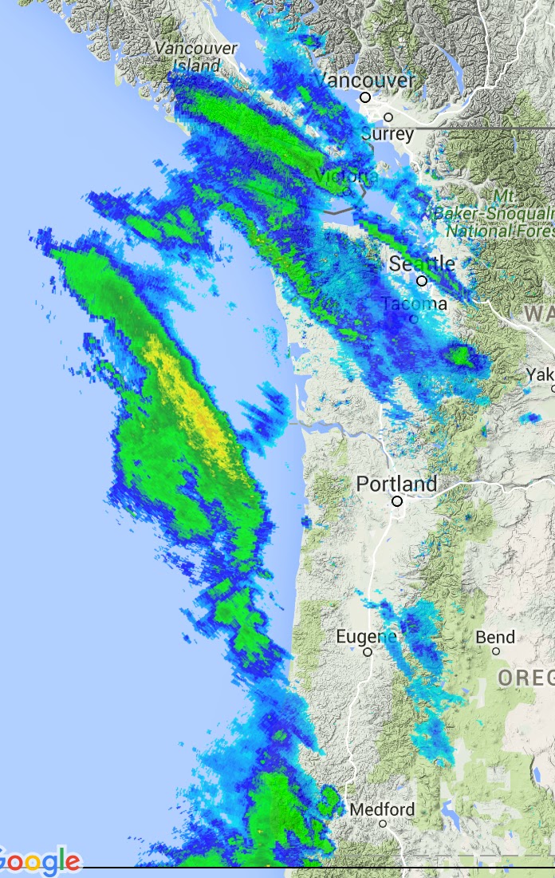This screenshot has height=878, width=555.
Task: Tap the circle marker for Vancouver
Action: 365,97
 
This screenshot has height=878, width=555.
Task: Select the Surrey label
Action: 388,133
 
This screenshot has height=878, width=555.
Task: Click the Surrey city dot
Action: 388,117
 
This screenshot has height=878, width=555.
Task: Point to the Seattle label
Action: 422,263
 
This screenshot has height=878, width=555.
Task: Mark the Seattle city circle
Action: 422,281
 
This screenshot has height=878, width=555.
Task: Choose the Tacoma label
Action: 414,304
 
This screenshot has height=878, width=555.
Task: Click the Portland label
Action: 396,484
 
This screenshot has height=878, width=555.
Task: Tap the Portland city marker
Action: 397,501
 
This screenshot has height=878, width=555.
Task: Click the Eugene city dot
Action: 368,652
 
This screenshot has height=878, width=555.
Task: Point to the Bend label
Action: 495,637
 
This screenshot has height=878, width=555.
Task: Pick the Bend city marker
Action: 495,651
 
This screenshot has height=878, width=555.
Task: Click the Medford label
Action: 383,809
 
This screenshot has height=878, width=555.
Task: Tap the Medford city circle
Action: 383,823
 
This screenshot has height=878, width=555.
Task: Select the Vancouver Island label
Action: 196,57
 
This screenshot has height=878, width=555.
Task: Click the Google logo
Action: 40,862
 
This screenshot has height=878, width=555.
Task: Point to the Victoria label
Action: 346,176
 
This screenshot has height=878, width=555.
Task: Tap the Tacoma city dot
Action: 413,318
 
